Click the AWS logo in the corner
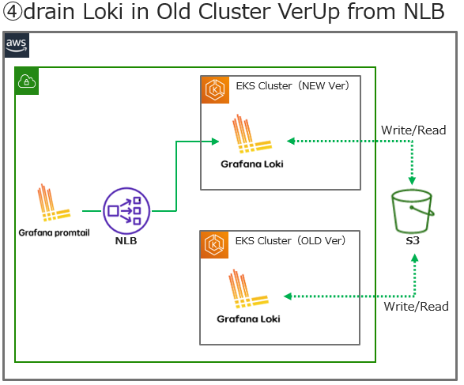click(16, 45)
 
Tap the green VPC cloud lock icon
click(27, 80)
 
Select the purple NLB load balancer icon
click(125, 210)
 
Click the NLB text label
click(125, 240)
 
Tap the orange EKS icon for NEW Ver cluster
click(214, 89)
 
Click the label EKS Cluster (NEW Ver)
click(292, 85)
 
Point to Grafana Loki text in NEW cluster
click(252, 164)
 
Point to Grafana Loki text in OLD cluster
click(248, 319)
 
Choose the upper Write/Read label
click(413, 130)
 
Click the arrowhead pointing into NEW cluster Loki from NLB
click(215, 142)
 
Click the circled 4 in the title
click(13, 15)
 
